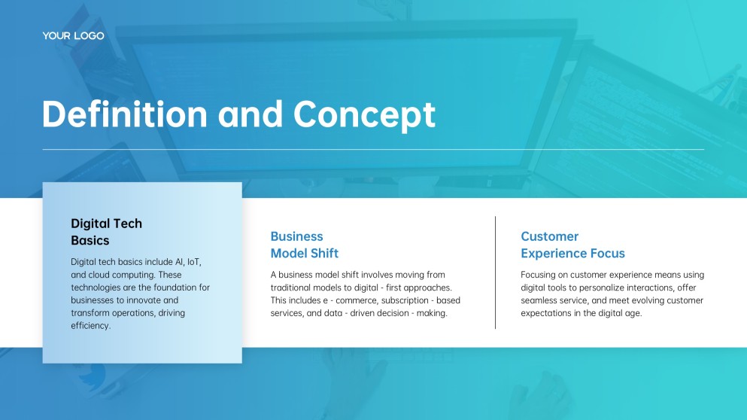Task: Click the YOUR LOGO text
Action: (74, 36)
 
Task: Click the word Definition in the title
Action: (125, 114)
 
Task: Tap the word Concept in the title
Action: (364, 115)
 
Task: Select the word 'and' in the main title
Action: (251, 114)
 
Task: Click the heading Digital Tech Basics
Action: (107, 232)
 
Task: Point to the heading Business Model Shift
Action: (305, 245)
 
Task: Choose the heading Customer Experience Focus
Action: (572, 245)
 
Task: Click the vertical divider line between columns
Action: (496, 272)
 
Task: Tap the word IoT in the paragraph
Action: (194, 262)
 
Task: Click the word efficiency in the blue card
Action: (90, 326)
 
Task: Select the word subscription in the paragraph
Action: (405, 300)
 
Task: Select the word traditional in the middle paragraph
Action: (292, 288)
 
